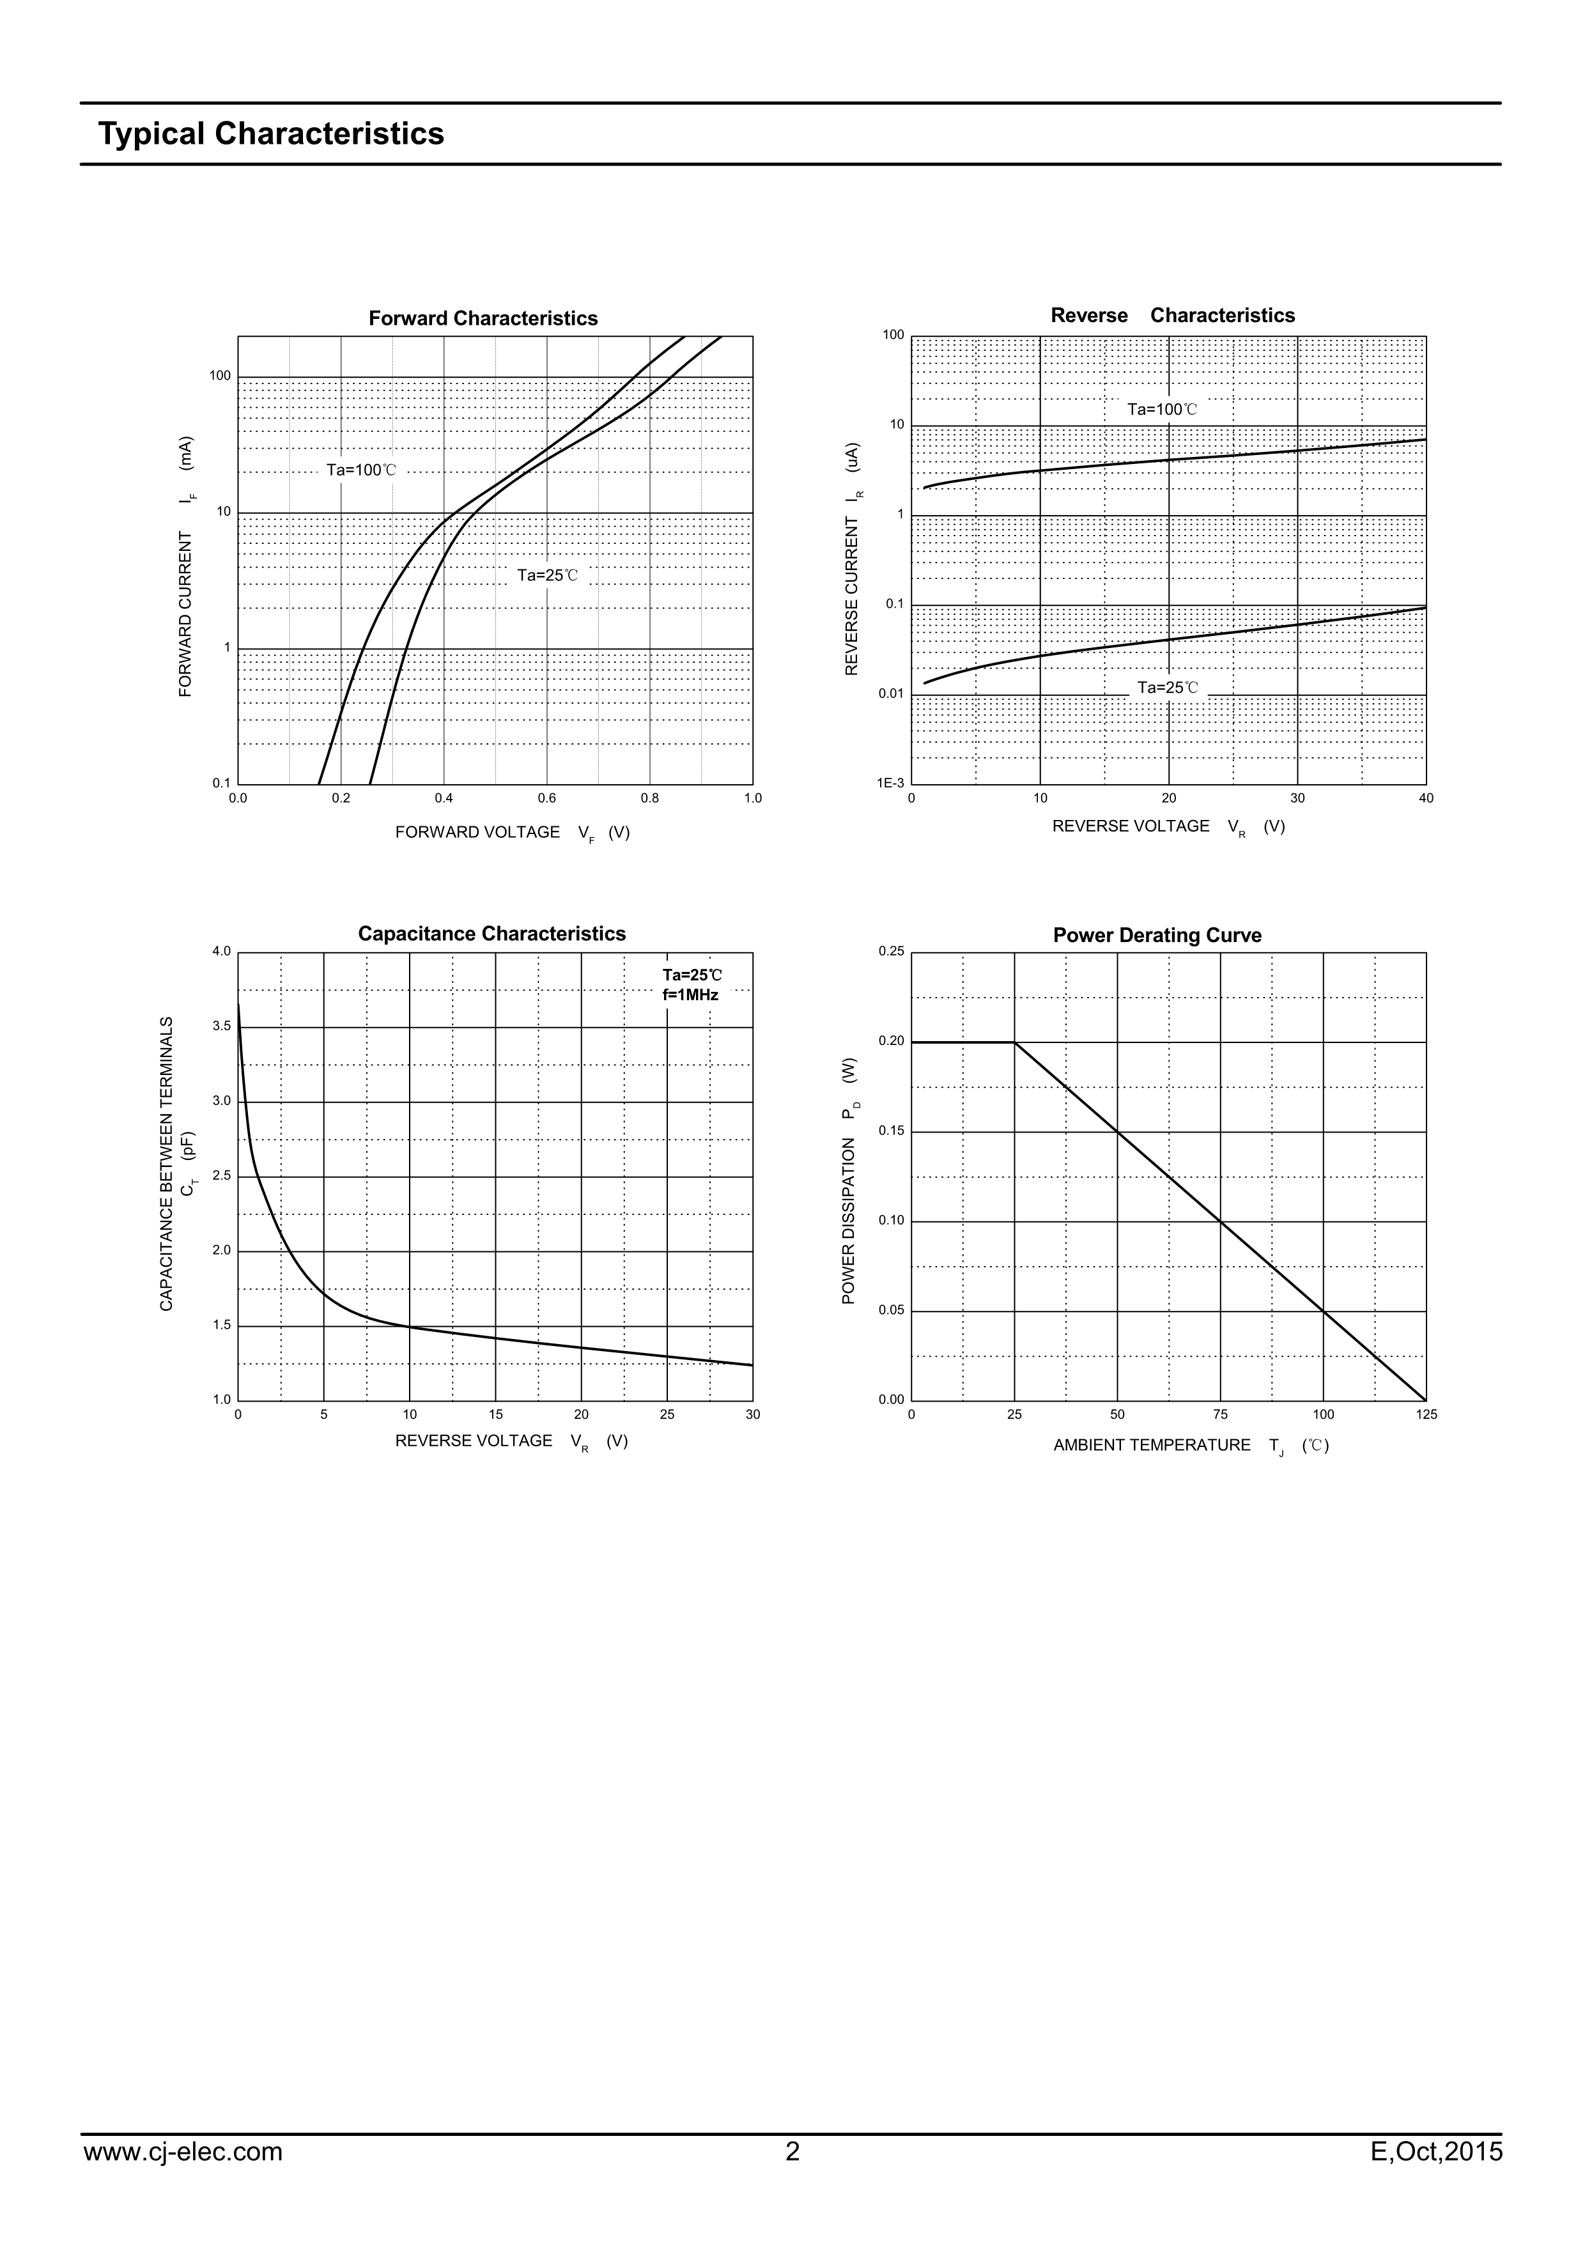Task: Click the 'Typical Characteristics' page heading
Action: click(x=270, y=134)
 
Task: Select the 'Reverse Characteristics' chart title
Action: click(x=1172, y=316)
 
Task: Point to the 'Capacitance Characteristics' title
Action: click(x=491, y=934)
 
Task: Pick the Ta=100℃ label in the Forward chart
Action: click(x=361, y=470)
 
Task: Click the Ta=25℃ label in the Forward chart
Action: click(x=547, y=575)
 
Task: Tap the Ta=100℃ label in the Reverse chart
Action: click(x=1162, y=409)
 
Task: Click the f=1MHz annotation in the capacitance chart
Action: click(x=690, y=995)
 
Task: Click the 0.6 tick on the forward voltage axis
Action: click(x=547, y=798)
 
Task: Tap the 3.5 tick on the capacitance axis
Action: click(x=222, y=1026)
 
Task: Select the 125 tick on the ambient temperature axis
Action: click(x=1426, y=1414)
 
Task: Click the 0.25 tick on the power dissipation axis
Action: click(x=892, y=951)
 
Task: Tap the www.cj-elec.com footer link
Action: click(x=183, y=2179)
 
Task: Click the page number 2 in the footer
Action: click(x=792, y=2179)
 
